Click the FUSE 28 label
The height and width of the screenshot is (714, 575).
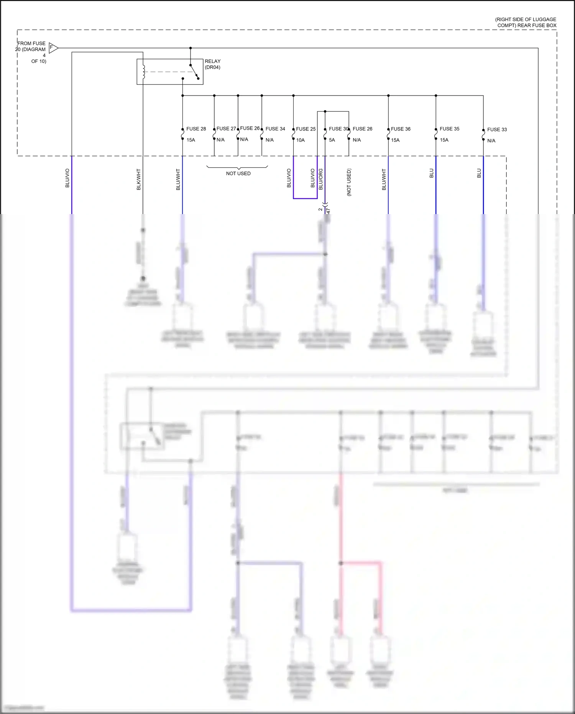[x=196, y=129]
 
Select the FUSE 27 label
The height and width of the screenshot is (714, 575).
[x=226, y=129]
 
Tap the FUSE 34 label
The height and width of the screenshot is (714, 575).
[x=275, y=129]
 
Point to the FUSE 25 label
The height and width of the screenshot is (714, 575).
[x=306, y=129]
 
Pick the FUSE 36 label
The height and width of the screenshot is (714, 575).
[x=401, y=129]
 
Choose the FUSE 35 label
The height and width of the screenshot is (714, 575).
[x=449, y=129]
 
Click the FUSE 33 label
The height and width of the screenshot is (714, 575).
[x=497, y=130]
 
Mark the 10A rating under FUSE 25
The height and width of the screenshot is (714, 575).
[x=300, y=140]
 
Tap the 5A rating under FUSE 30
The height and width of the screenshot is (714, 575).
[x=332, y=140]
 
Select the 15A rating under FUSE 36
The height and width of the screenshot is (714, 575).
[x=395, y=140]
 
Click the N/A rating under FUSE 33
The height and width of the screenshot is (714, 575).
[x=491, y=141]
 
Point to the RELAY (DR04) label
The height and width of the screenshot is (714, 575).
[x=212, y=64]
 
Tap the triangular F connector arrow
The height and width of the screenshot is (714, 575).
[x=53, y=48]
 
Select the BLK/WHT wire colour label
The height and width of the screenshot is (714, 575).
[x=139, y=179]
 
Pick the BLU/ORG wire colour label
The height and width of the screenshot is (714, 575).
[x=321, y=179]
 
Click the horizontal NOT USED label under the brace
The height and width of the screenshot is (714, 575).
[x=238, y=173]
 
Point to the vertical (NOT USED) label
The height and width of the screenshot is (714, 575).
[x=349, y=182]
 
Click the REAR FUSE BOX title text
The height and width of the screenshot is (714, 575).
[x=526, y=22]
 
